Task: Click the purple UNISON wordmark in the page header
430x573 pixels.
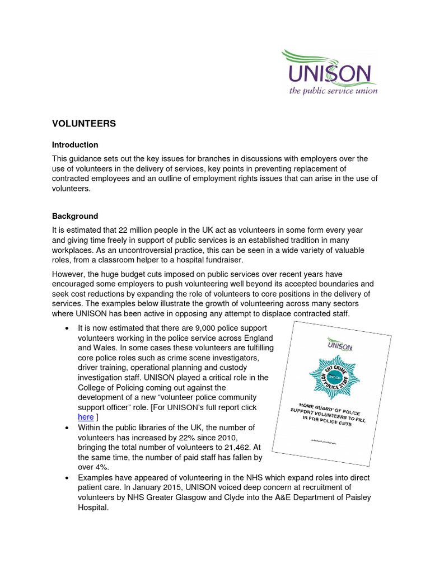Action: pos(330,74)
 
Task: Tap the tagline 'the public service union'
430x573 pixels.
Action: pos(333,91)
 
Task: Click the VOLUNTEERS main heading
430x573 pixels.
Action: pos(84,124)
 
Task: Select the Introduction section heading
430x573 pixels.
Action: pos(75,144)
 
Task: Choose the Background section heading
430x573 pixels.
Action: pos(75,216)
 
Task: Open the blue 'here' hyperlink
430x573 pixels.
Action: pos(86,417)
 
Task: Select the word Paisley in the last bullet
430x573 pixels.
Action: pos(353,497)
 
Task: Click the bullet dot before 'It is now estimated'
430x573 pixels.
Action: pos(67,328)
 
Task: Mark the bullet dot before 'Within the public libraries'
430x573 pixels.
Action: pos(67,428)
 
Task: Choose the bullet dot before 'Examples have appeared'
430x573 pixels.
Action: pos(67,477)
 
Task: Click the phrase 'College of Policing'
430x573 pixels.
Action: pos(112,387)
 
